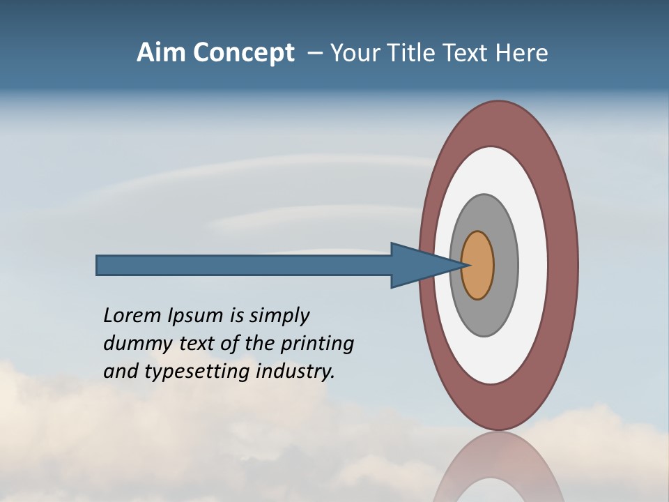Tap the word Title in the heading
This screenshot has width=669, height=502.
[x=415, y=53]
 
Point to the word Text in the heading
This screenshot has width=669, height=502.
[x=469, y=53]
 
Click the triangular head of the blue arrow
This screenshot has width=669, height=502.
[x=418, y=266]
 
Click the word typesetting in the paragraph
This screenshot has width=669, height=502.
[x=198, y=372]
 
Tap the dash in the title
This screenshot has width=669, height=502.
[x=314, y=53]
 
